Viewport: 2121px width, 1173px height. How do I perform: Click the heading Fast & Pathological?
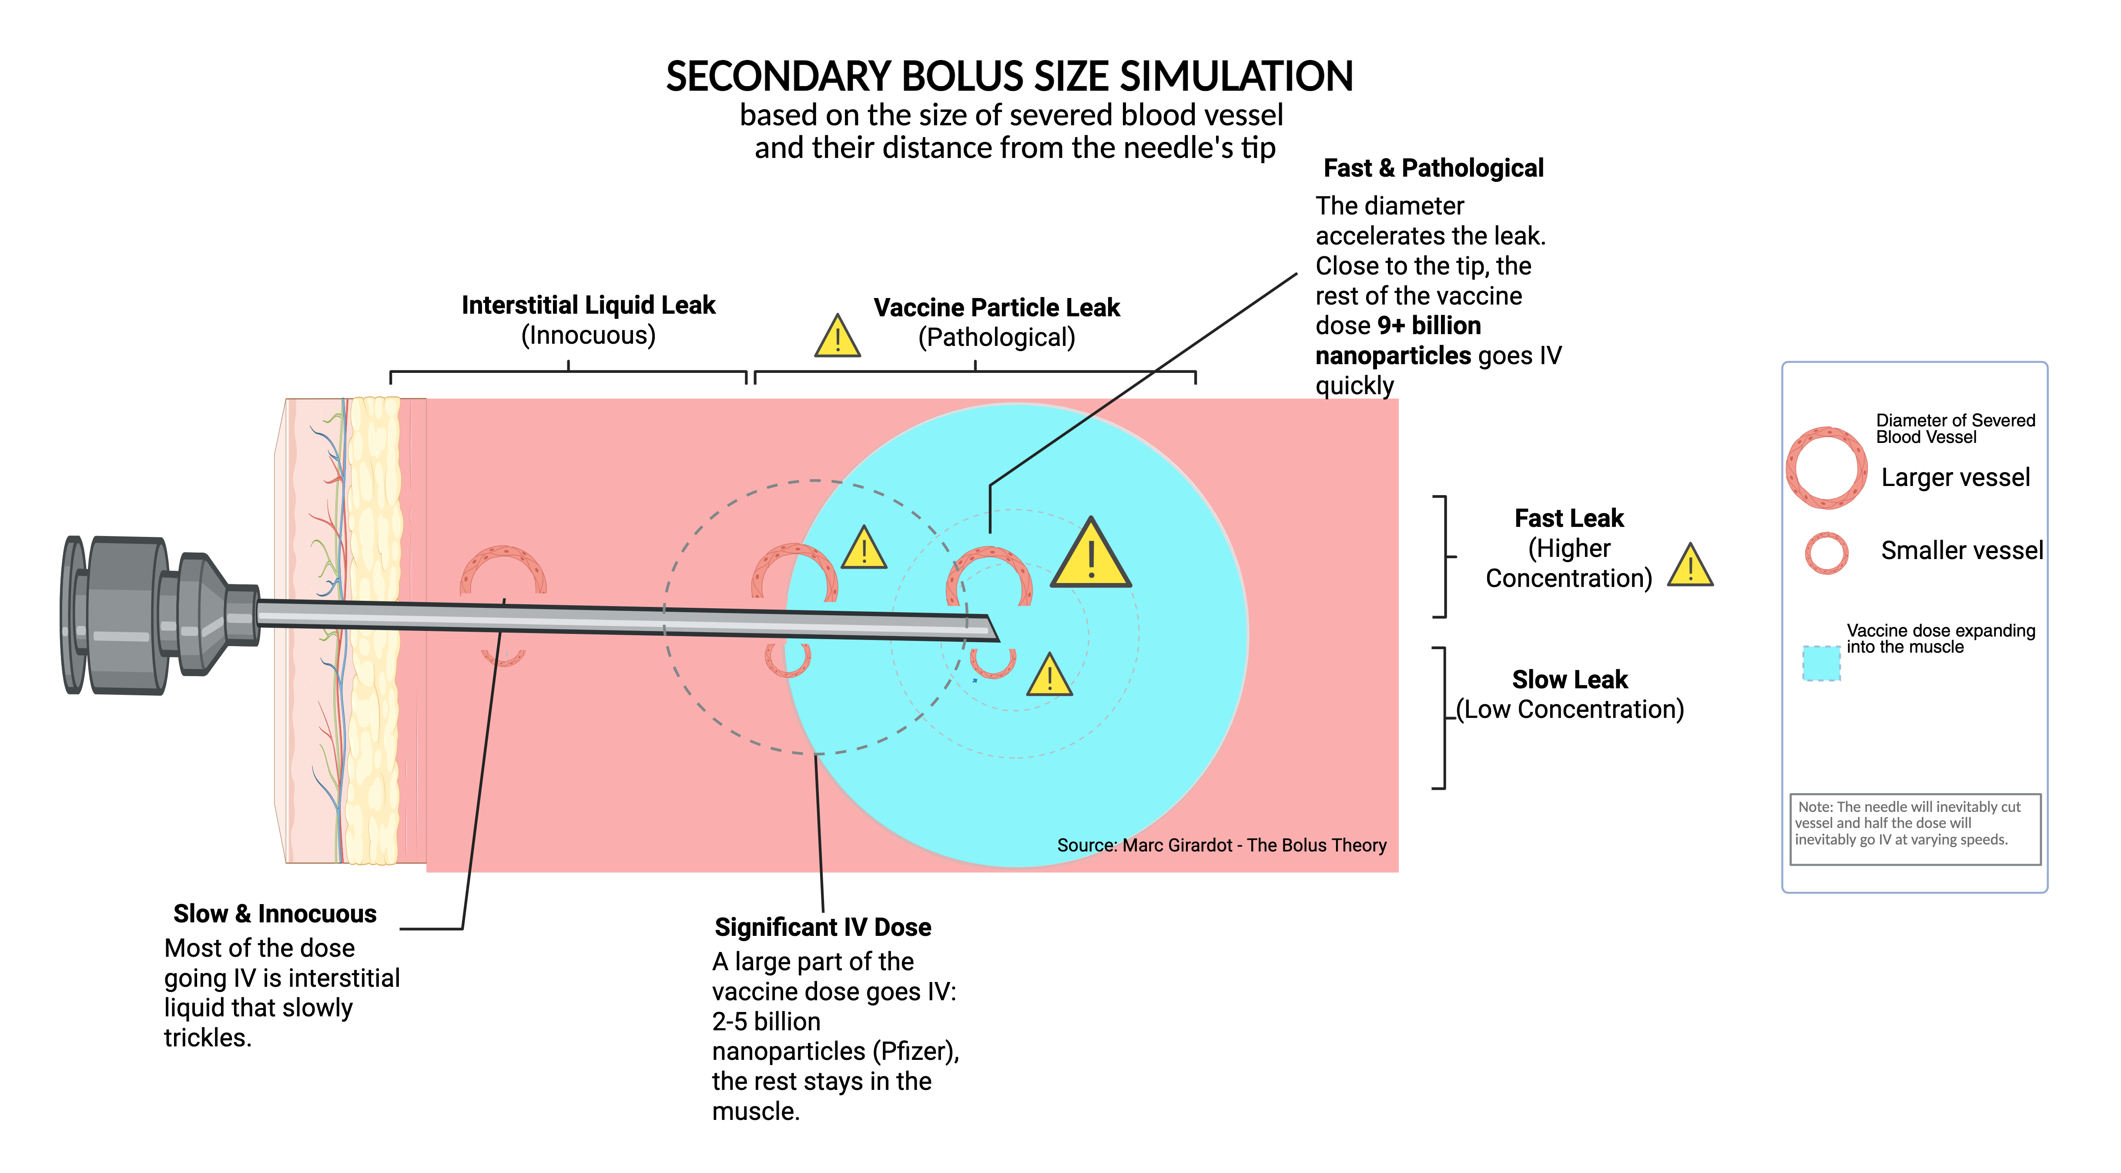[x=1433, y=168]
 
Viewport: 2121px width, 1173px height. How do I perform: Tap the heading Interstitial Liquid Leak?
[x=588, y=305]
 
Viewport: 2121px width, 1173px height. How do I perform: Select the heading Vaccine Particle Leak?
[x=996, y=308]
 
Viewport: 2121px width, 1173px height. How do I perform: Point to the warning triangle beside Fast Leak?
[x=1689, y=567]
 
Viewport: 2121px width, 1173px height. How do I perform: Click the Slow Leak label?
[x=1569, y=680]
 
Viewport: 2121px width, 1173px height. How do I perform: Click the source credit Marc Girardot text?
[x=1221, y=845]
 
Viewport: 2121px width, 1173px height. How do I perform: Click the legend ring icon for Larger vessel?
[x=1826, y=468]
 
